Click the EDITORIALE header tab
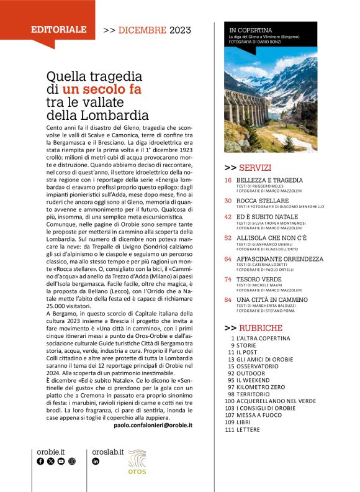point(59,29)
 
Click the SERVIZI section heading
point(248,168)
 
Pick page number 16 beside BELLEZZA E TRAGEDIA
point(228,180)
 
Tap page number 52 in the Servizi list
point(228,237)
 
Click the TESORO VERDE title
point(261,280)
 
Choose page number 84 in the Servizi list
point(228,301)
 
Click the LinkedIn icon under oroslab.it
point(96,462)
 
